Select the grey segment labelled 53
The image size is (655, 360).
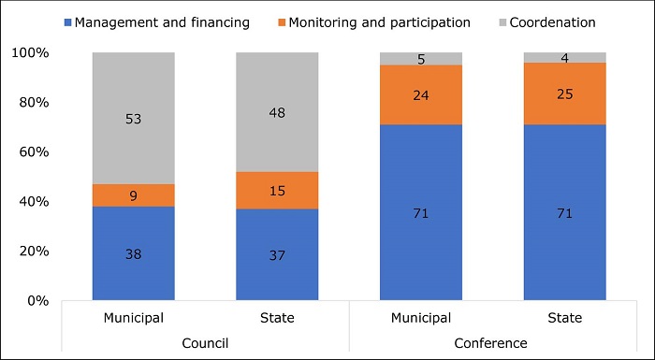[x=134, y=118]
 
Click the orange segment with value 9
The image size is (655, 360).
[x=134, y=195]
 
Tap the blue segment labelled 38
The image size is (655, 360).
[x=134, y=252]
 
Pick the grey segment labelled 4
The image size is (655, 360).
[x=564, y=58]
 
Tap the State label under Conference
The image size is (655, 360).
[x=564, y=318]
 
